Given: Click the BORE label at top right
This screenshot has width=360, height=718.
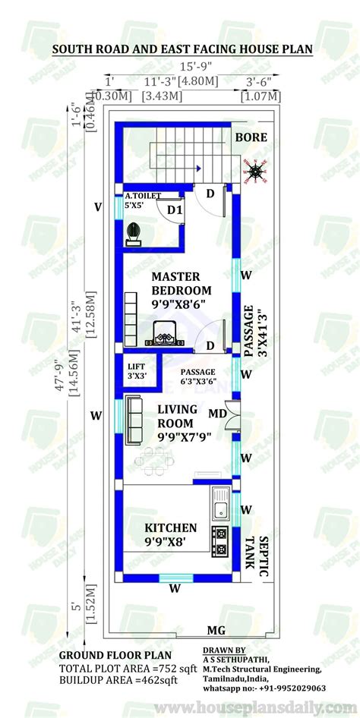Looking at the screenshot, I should coord(251,138).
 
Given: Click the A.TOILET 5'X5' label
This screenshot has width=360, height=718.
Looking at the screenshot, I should coord(143,200).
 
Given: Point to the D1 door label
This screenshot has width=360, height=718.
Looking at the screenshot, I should coord(174,209).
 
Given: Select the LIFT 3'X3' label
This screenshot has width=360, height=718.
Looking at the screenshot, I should coord(137,370).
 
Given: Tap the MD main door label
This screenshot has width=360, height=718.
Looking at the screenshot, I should coord(217,414).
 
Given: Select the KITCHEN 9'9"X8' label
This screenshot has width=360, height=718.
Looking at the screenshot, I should coord(171,534).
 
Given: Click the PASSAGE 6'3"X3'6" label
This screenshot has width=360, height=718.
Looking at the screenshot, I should coord(197,376).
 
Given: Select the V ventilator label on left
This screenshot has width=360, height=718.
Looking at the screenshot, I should coord(97,206).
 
